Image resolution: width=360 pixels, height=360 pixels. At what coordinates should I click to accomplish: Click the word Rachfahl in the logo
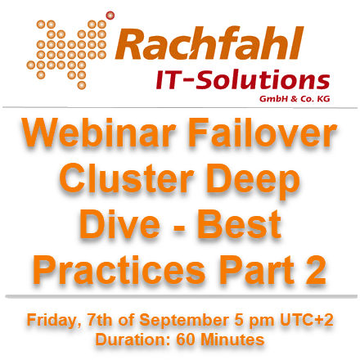(x=209, y=43)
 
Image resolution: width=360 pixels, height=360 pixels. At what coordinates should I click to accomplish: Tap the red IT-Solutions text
(x=243, y=80)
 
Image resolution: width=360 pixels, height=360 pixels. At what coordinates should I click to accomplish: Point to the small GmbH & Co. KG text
(x=295, y=98)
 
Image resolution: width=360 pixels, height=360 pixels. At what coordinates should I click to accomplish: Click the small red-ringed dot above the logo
(x=110, y=16)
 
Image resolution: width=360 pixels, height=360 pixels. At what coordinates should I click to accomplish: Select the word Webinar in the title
(x=99, y=133)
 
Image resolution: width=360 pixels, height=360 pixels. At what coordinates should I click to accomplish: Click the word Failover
(x=263, y=133)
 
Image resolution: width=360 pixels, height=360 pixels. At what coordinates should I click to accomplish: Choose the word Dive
(x=119, y=224)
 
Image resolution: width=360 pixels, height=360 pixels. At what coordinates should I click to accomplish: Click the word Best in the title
(x=239, y=224)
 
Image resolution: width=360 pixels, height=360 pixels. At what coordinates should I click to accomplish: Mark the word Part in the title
(x=257, y=270)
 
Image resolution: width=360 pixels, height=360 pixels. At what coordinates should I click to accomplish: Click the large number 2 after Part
(x=316, y=270)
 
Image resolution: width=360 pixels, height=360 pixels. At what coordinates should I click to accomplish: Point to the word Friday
(x=52, y=321)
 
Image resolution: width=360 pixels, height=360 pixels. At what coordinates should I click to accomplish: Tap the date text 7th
(x=99, y=320)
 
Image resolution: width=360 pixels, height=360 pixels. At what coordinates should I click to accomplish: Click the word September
(x=184, y=321)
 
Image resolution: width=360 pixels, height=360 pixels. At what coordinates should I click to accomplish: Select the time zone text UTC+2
(x=307, y=320)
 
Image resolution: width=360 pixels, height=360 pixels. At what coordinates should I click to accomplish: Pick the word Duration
(x=133, y=340)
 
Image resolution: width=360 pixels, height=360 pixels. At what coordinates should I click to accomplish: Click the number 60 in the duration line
(x=185, y=340)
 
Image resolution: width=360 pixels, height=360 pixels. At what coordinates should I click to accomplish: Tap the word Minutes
(x=232, y=340)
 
